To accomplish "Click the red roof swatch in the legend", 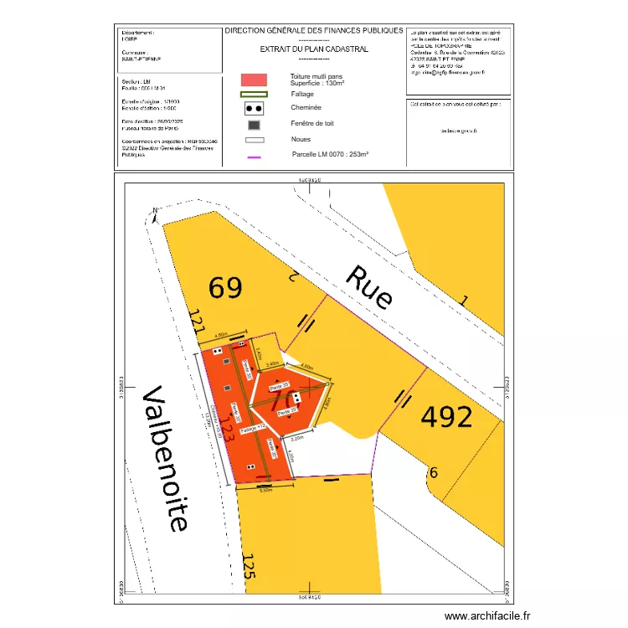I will click(254, 79).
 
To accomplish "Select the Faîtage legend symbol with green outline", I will click(254, 94).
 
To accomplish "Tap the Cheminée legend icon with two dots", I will click(254, 108).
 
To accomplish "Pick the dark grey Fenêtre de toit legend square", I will click(254, 125).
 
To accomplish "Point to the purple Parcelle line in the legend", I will click(254, 157).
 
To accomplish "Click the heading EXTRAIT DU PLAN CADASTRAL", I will click(314, 49).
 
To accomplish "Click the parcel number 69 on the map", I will click(226, 289).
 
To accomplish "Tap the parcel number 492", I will click(446, 416).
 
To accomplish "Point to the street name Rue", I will click(369, 287).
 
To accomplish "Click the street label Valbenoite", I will click(165, 458).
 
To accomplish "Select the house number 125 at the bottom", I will click(249, 572).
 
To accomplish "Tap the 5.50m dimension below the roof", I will click(266, 491).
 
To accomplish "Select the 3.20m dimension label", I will click(296, 438).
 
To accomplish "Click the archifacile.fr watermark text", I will click(487, 616).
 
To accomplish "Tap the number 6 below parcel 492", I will click(433, 473).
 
